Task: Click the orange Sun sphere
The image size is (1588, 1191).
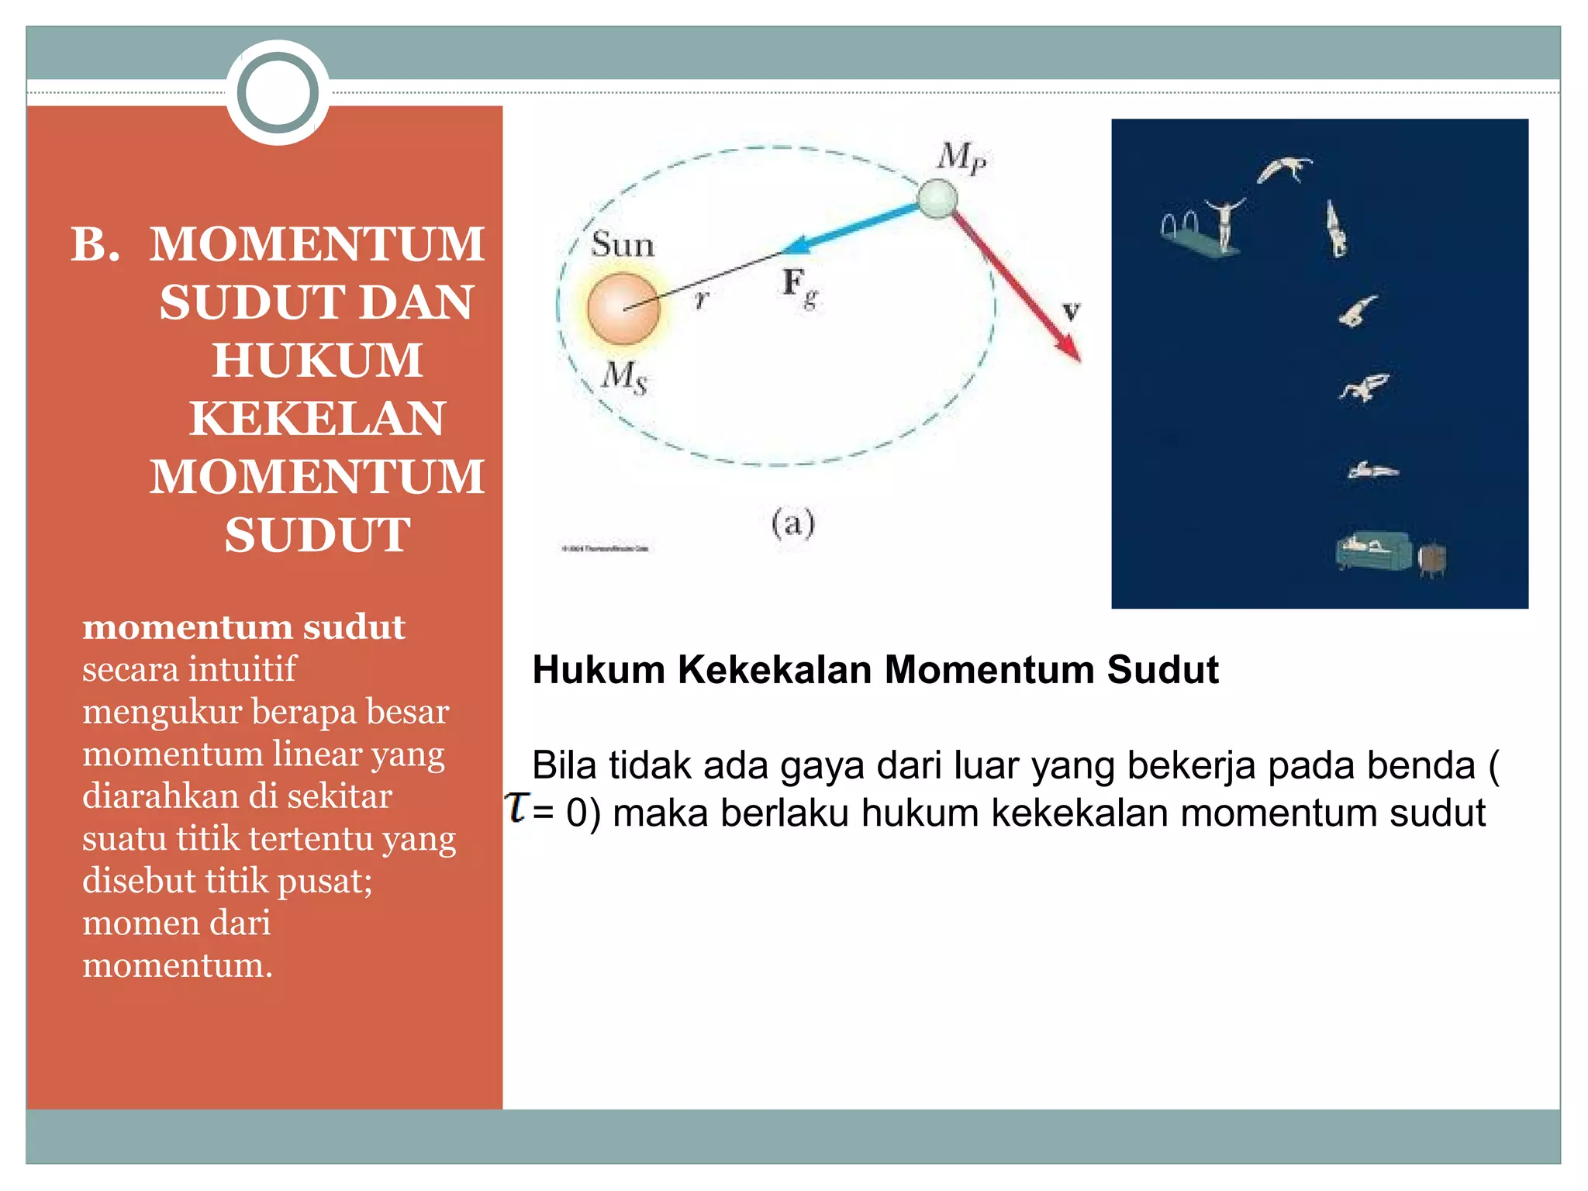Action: click(623, 308)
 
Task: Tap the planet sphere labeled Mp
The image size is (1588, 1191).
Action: click(937, 198)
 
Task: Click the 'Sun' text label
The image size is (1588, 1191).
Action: click(623, 245)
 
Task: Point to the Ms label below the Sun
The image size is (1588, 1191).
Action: click(624, 377)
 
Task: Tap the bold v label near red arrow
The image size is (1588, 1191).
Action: click(1071, 311)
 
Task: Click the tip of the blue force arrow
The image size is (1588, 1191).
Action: click(785, 250)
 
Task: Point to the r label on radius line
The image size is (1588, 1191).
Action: click(702, 299)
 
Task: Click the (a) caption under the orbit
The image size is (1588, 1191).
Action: click(792, 523)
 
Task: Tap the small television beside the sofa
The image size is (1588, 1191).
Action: click(1431, 558)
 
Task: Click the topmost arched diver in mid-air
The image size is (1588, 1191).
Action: click(1284, 168)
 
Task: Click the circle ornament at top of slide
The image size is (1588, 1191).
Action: click(278, 92)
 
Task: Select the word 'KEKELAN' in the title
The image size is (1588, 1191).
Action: click(317, 419)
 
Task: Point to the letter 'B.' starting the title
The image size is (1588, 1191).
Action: click(95, 244)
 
